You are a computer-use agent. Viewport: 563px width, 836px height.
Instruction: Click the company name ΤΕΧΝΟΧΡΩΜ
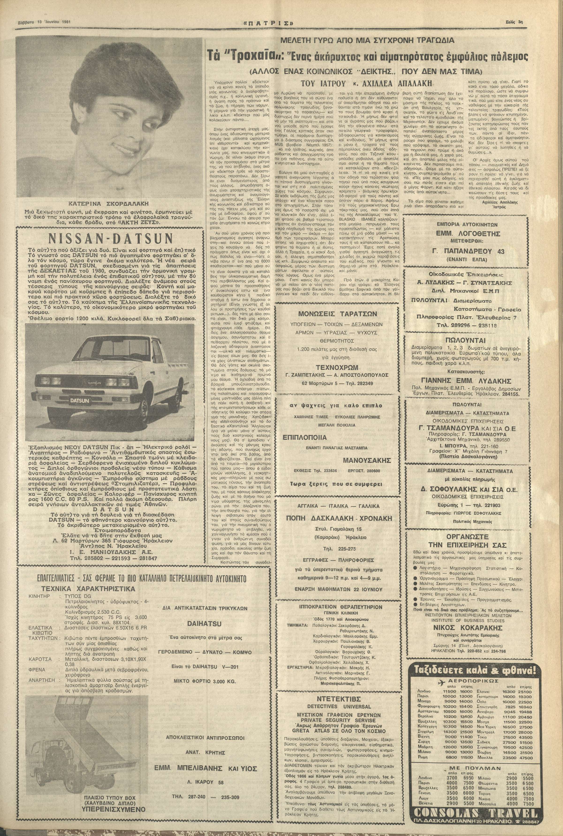tap(338, 367)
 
